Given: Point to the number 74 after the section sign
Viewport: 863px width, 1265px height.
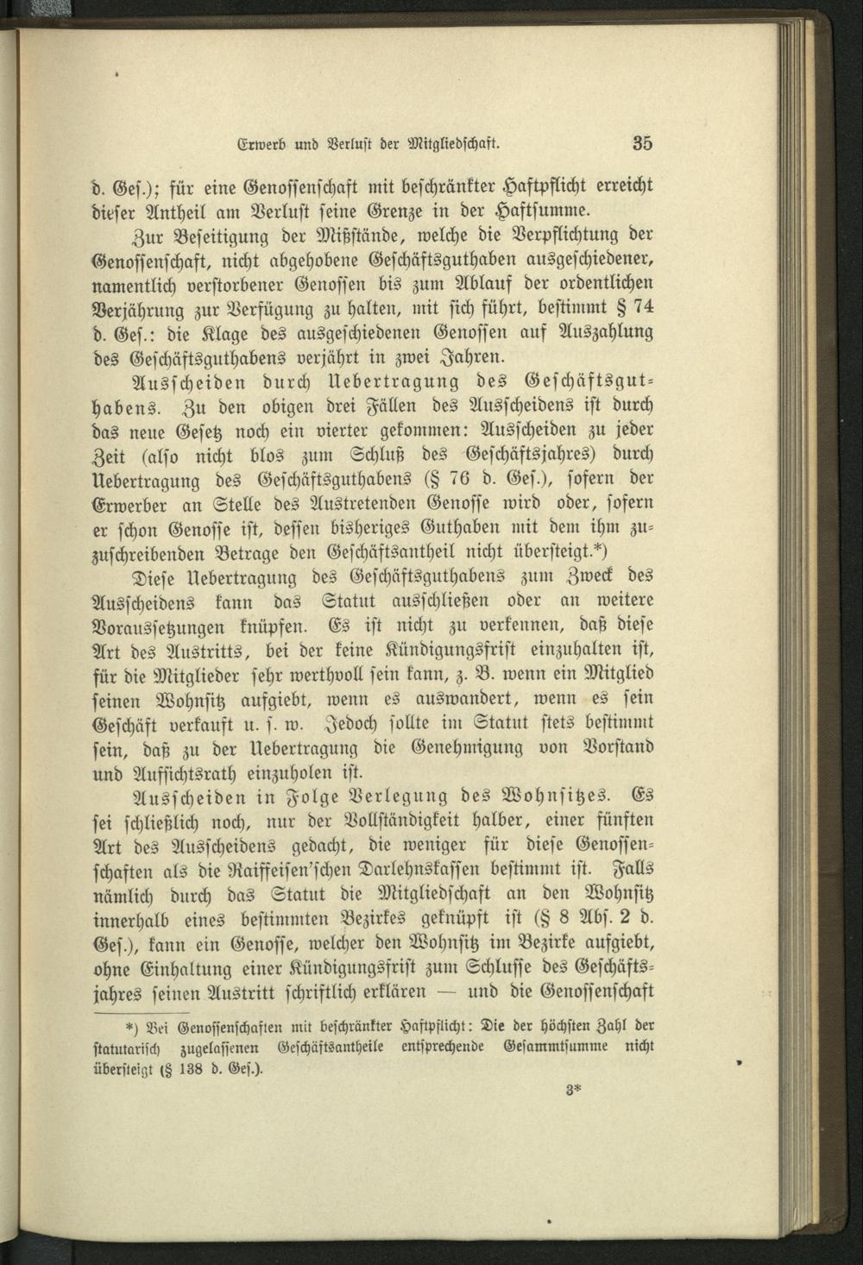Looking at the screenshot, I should [642, 307].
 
